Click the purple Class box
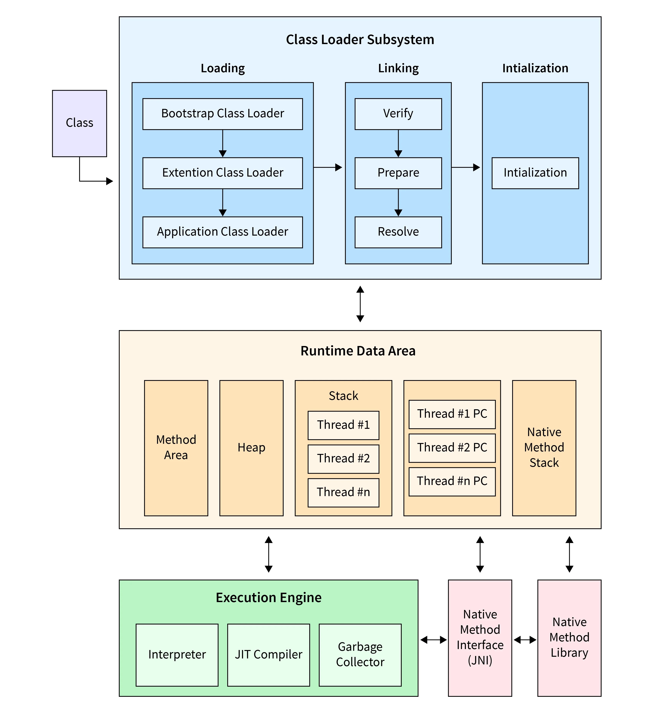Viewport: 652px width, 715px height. point(79,123)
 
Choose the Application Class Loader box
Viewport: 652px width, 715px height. point(222,232)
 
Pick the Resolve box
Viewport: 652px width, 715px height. point(398,232)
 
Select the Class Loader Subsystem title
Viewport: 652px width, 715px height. point(360,39)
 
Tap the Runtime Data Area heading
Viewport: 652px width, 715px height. point(358,351)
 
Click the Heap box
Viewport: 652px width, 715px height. point(251,448)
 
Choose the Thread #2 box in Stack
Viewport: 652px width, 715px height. point(343,459)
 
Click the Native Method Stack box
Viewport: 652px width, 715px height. point(544,448)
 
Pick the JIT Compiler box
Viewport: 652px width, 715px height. point(268,655)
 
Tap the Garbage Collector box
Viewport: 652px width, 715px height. point(360,655)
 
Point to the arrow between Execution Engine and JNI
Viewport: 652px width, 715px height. point(433,640)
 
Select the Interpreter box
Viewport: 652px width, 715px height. point(177,655)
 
